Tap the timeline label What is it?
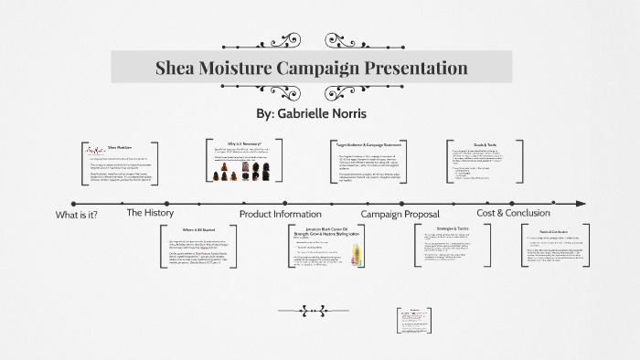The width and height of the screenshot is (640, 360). point(77,215)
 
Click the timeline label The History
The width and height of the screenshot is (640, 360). point(150,213)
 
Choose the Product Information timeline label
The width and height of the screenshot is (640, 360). point(281,214)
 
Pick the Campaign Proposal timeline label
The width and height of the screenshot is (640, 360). point(400,214)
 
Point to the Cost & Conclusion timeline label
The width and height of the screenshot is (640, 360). point(514,213)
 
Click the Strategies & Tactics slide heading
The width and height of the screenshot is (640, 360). point(453,228)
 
